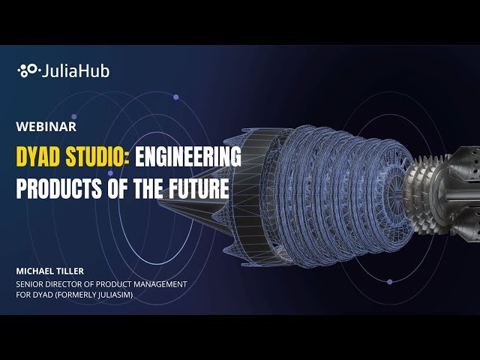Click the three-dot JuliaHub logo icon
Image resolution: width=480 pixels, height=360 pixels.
point(28,71)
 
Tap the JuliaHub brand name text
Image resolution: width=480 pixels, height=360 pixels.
point(74,71)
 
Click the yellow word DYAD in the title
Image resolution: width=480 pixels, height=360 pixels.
point(40,157)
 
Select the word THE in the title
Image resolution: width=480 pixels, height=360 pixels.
point(141,187)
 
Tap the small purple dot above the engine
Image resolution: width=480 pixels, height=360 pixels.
point(175,97)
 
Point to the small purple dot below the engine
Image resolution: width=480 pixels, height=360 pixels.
point(389,282)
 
